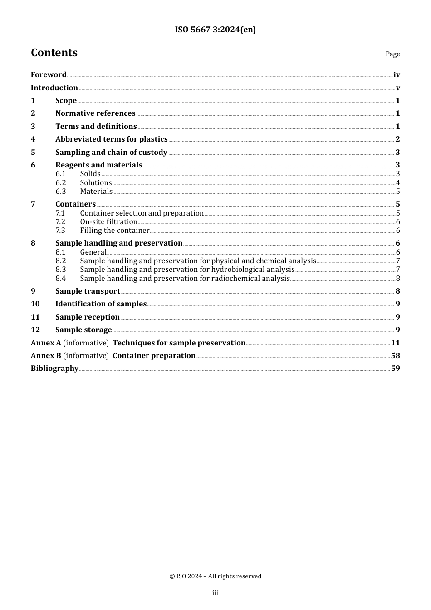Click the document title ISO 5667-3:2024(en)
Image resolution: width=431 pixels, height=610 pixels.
[x=215, y=30]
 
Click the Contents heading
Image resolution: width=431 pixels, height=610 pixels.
[x=54, y=53]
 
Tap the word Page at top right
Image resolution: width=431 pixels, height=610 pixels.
[x=392, y=54]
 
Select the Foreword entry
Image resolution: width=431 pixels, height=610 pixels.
[x=49, y=74]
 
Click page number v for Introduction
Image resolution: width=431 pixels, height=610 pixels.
[x=398, y=88]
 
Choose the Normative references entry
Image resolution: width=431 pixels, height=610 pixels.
[x=95, y=113]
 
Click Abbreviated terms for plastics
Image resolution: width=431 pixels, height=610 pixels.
[x=111, y=139]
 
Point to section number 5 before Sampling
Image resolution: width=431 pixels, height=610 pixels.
[x=33, y=152]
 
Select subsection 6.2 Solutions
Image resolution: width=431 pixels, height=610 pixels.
[x=96, y=183]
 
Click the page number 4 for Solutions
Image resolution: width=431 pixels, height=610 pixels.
[x=398, y=183]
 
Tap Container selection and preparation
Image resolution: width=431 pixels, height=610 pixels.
[x=142, y=213]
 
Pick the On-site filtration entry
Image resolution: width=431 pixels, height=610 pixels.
[x=108, y=222]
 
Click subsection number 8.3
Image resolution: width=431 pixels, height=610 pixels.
[x=61, y=270]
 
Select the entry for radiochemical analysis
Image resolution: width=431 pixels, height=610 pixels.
[x=185, y=279]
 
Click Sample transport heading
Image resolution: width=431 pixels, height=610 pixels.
[x=88, y=291]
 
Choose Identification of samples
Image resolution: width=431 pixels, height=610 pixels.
[x=101, y=304]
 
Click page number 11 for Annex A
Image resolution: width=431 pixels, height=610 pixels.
[x=395, y=343]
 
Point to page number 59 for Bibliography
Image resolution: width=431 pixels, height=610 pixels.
[x=395, y=369]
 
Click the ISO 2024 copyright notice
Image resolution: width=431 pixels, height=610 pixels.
[x=215, y=576]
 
